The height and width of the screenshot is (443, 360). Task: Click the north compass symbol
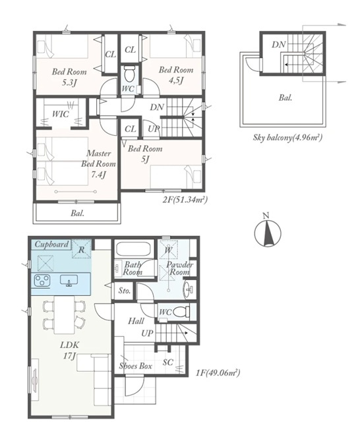267,233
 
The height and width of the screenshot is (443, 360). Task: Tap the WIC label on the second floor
61,114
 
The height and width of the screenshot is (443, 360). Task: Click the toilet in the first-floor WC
180,312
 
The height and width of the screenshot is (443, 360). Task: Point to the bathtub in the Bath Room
134,249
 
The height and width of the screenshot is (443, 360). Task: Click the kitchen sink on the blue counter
69,280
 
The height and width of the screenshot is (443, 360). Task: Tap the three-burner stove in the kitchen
42,280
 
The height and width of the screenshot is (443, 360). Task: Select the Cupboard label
51,244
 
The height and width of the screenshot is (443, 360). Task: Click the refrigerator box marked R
81,249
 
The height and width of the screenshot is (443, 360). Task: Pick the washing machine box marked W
168,250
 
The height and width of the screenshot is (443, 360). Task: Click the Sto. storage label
124,291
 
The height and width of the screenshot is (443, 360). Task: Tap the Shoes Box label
136,366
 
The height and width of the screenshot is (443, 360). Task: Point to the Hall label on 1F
136,320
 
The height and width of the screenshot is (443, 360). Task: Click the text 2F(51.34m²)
185,200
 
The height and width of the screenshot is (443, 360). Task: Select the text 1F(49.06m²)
218,372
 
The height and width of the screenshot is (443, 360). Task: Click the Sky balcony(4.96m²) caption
287,138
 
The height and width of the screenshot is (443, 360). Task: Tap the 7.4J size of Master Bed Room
99,175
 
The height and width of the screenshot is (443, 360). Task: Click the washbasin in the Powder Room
189,289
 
